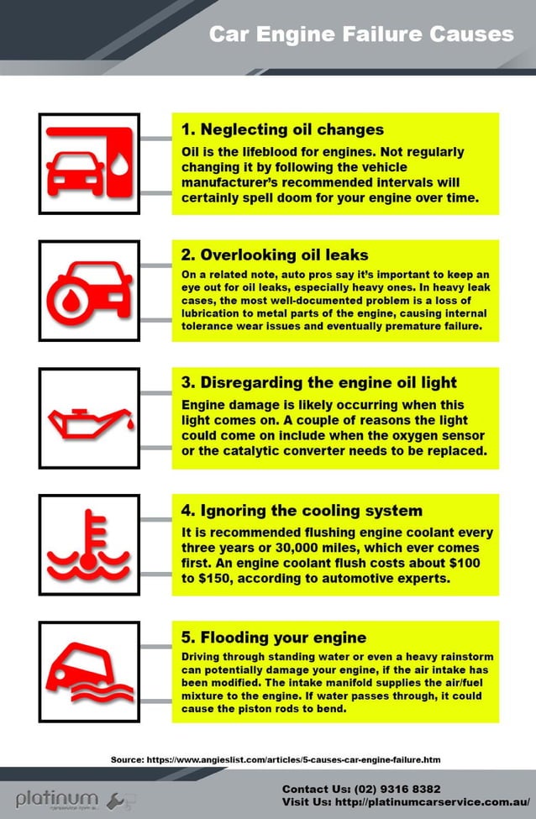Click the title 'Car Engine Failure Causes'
(360, 34)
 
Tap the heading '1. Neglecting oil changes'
(282, 130)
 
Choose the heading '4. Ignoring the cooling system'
(302, 511)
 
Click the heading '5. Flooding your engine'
(274, 638)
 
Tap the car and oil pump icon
(89, 163)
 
